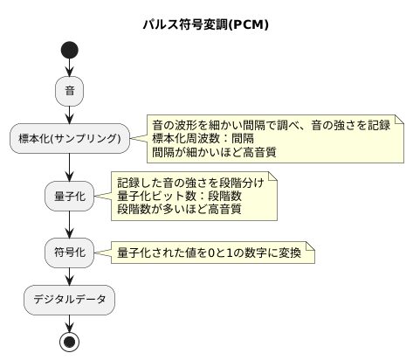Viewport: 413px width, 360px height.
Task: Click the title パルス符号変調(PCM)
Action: pos(206,24)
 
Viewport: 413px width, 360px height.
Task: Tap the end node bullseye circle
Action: pos(69,340)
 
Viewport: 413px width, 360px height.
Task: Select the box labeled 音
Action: pos(69,90)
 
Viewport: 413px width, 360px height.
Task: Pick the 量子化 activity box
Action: pos(69,196)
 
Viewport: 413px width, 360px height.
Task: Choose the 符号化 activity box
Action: pos(69,253)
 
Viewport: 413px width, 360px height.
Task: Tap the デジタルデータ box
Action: pos(69,300)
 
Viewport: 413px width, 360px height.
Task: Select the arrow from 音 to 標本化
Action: pos(69,114)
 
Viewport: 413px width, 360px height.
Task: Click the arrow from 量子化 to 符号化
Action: pos(69,225)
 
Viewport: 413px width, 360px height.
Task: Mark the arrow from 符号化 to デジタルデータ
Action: pos(69,276)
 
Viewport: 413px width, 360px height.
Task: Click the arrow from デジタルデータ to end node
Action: pos(69,321)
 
